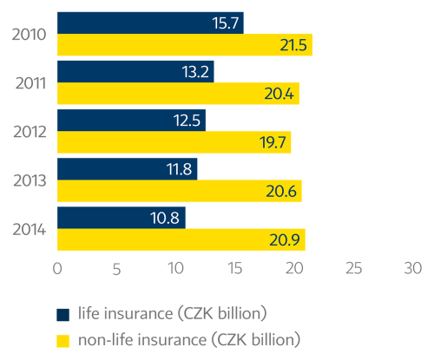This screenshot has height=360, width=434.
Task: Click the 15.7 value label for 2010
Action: pyautogui.click(x=226, y=23)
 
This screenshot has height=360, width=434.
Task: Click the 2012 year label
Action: pyautogui.click(x=31, y=131)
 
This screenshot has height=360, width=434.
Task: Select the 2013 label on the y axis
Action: pyautogui.click(x=31, y=180)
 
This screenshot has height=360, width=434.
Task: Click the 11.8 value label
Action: pyautogui.click(x=180, y=168)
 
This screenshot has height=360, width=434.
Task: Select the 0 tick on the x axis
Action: pyautogui.click(x=57, y=269)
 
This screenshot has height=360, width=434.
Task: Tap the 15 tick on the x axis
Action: pyautogui.click(x=234, y=269)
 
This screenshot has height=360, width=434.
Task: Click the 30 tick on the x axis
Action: pyautogui.click(x=412, y=269)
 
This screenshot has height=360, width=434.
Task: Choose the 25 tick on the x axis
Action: pyautogui.click(x=353, y=269)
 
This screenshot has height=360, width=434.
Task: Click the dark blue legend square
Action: pyautogui.click(x=62, y=314)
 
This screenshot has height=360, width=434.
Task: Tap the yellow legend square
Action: pyautogui.click(x=62, y=339)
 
